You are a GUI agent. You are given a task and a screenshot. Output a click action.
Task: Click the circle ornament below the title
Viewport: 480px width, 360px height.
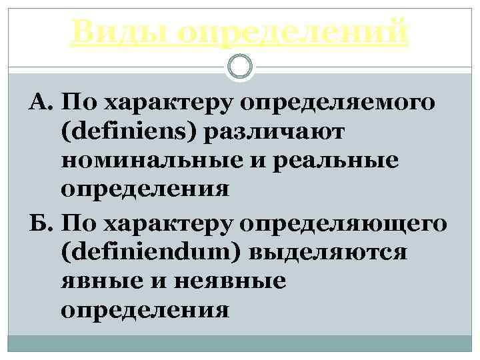click(240, 66)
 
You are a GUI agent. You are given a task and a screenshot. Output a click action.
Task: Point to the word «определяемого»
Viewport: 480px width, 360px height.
click(340, 103)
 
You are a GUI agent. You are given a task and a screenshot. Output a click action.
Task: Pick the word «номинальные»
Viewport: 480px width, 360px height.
click(141, 161)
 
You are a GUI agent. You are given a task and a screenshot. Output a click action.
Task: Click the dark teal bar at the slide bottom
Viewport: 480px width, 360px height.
click(240, 343)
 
